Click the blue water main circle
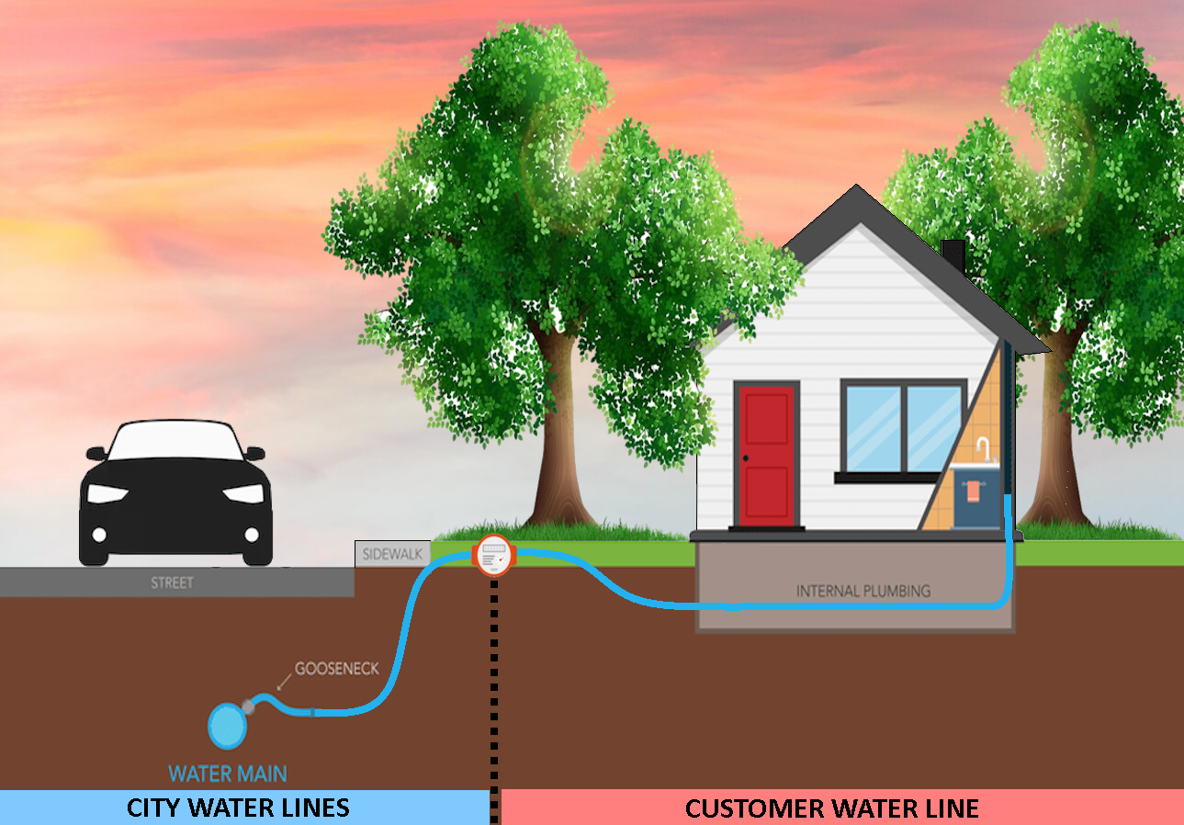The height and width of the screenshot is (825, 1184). (228, 726)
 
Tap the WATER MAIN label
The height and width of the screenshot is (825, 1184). (228, 774)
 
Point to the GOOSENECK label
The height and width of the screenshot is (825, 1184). (336, 669)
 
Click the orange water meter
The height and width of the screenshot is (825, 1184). (493, 555)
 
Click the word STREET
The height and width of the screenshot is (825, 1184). (173, 582)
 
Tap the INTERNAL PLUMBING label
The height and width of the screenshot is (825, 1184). (863, 591)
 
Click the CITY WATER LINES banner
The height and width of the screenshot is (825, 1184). (238, 808)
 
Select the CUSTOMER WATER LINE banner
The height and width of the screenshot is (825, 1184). (831, 808)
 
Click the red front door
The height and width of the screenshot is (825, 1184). (766, 456)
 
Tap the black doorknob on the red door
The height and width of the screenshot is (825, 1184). (745, 458)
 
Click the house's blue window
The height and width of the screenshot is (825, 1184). (903, 427)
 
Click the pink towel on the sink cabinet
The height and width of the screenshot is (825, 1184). (973, 490)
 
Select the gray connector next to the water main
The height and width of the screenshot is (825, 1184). (248, 706)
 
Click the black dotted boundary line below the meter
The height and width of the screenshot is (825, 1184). (495, 680)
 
